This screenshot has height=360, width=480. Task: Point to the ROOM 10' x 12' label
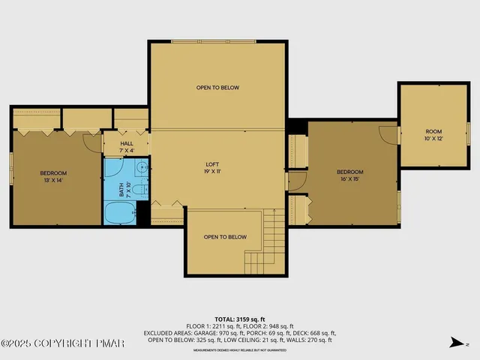[433, 136]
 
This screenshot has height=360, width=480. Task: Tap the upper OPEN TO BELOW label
[217, 88]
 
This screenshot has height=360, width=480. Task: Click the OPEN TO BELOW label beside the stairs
[225, 237]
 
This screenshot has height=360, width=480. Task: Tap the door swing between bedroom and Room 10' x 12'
[388, 134]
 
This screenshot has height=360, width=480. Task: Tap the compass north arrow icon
[454, 343]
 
